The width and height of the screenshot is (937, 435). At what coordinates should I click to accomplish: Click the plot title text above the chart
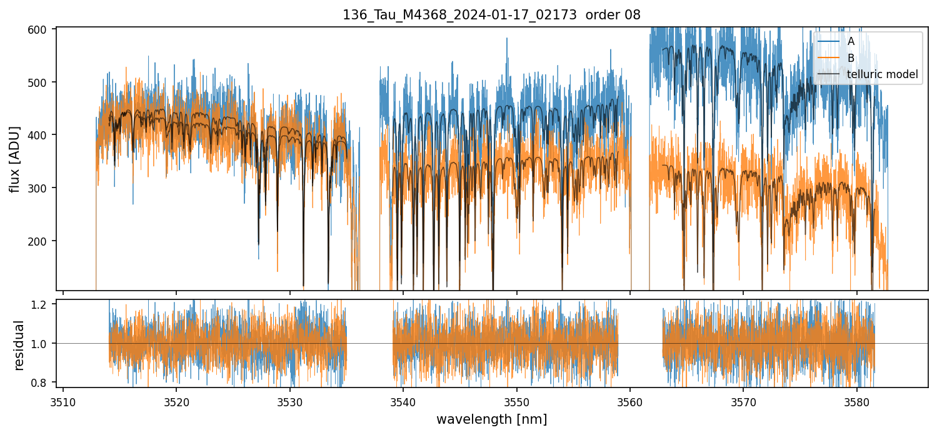click(x=491, y=15)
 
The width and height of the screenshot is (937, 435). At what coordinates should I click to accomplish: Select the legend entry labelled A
click(x=851, y=42)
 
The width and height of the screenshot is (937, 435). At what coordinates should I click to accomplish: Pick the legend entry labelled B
click(x=851, y=58)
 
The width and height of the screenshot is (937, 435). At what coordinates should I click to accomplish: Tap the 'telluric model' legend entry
click(x=882, y=74)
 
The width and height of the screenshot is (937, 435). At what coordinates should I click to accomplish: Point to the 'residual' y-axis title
click(x=19, y=344)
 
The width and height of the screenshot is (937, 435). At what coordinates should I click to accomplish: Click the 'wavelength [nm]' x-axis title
click(x=491, y=419)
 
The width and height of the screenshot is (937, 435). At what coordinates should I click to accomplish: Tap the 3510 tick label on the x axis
click(x=63, y=401)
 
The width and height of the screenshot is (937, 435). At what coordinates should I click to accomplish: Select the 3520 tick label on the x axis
click(x=176, y=401)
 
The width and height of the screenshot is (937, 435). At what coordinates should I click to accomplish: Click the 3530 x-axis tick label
click(x=289, y=401)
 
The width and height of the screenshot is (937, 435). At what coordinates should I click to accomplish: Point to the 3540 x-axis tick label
click(x=403, y=401)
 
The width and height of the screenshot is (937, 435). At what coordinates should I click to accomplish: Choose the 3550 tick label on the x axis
click(x=516, y=401)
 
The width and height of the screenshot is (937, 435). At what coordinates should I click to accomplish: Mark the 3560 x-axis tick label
click(x=629, y=401)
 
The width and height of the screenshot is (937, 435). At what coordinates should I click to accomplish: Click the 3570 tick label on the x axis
click(x=743, y=401)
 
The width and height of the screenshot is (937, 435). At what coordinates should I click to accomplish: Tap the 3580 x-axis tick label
click(x=856, y=401)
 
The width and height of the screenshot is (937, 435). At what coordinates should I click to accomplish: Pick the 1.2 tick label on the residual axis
click(x=44, y=304)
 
